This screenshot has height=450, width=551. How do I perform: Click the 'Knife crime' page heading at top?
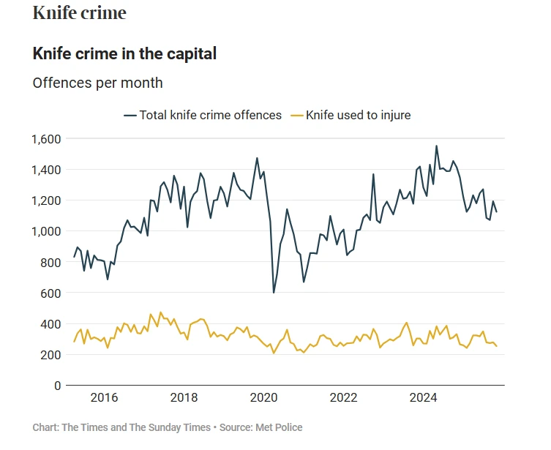click(79, 12)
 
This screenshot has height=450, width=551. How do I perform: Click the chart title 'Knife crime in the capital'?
click(124, 53)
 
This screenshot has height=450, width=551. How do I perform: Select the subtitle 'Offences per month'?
click(97, 83)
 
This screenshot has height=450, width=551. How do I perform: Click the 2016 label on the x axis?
click(104, 398)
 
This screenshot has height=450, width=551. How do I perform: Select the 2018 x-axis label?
click(184, 398)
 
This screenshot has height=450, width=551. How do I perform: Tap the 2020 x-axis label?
click(263, 398)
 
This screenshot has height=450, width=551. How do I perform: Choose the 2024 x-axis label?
click(423, 398)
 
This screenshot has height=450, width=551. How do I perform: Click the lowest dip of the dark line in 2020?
click(274, 293)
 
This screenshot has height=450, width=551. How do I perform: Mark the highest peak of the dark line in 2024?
click(437, 146)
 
